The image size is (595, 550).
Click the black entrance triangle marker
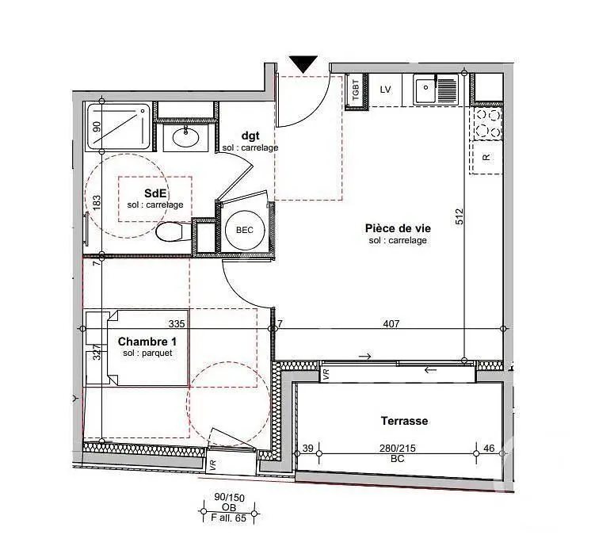pyautogui.click(x=303, y=63)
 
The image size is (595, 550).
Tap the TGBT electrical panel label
pyautogui.click(x=356, y=90)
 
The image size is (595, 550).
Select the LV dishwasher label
pyautogui.click(x=385, y=90)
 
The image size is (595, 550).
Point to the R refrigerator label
pyautogui.click(x=486, y=157)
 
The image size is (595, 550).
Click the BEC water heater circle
pyautogui.click(x=244, y=230)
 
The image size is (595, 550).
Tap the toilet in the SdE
pyautogui.click(x=174, y=231)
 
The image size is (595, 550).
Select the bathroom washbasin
pyautogui.click(x=185, y=137)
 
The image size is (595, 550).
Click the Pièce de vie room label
pyautogui.click(x=398, y=228)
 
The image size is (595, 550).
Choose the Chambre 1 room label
pyautogui.click(x=147, y=342)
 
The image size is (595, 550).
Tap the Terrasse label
pyautogui.click(x=405, y=421)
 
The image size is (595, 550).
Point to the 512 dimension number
pyautogui.click(x=460, y=216)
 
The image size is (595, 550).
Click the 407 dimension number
pyautogui.click(x=391, y=323)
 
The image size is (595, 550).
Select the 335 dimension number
pyautogui.click(x=177, y=323)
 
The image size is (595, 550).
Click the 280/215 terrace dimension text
pyautogui.click(x=397, y=449)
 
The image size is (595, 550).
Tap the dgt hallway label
pyautogui.click(x=250, y=136)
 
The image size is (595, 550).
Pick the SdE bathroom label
pyautogui.click(x=155, y=193)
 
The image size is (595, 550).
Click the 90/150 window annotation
pyautogui.click(x=229, y=497)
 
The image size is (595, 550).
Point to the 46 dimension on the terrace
pyautogui.click(x=489, y=449)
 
